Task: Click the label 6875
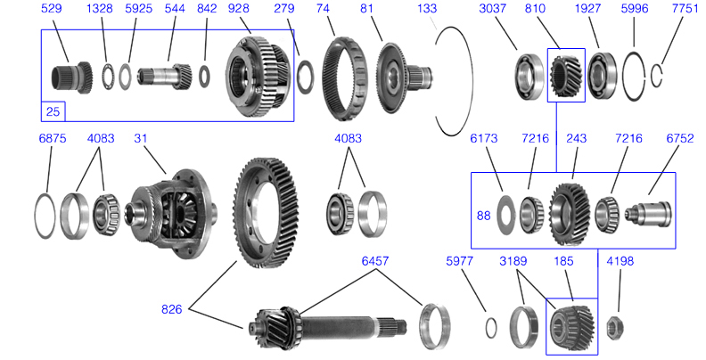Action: click(x=53, y=139)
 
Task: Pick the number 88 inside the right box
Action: click(x=483, y=215)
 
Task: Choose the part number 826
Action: click(x=173, y=309)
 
